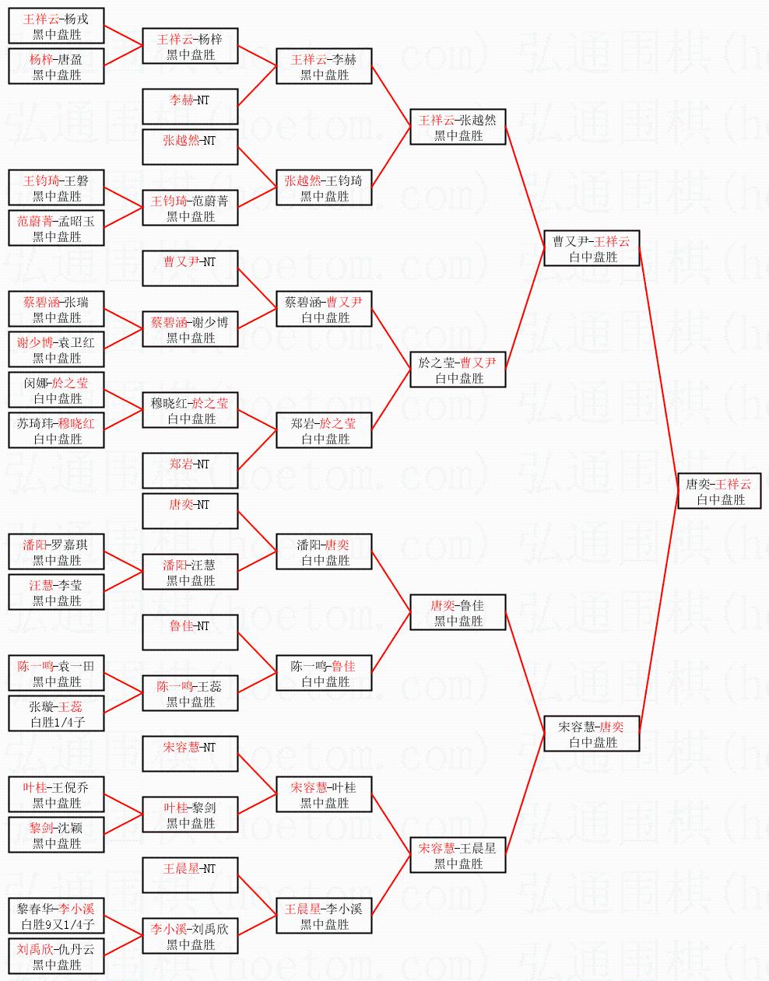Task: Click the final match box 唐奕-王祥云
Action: [718, 492]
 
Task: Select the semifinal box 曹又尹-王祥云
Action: [592, 249]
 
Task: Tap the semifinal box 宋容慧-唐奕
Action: [592, 734]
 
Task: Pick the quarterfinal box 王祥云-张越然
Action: [458, 128]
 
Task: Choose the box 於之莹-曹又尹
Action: [458, 370]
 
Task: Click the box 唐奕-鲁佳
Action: [458, 613]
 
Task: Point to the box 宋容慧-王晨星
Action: [458, 856]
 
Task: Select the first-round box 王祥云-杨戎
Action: [56, 26]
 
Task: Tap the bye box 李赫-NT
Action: [190, 107]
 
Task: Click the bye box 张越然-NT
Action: [190, 148]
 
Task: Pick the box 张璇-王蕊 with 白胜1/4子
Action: [56, 714]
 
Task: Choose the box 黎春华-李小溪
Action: [56, 916]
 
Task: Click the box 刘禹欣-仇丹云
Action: [56, 957]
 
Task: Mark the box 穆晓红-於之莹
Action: [190, 411]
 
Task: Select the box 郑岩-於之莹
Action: [324, 431]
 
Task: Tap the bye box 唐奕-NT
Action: [190, 512]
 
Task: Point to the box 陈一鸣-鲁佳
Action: [324, 674]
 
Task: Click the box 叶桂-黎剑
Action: [190, 815]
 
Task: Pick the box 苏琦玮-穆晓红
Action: [56, 431]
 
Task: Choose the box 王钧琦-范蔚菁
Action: [190, 208]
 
